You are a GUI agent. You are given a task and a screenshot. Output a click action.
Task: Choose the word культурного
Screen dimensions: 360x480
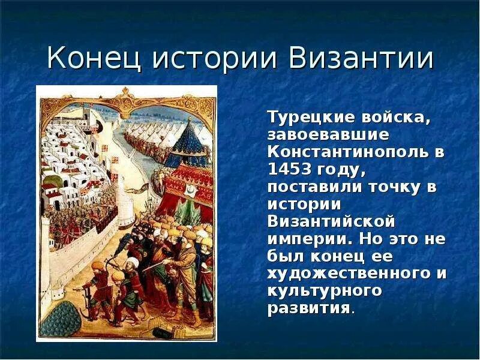click(325, 291)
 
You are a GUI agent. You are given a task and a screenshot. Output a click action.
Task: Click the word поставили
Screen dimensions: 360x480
click(313, 186)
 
